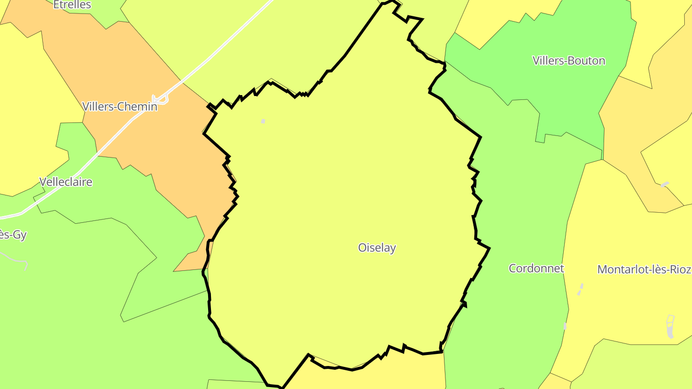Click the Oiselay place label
pyautogui.click(x=377, y=248)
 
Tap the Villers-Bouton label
pyautogui.click(x=568, y=61)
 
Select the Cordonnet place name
pyautogui.click(x=536, y=268)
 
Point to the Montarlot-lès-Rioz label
pyautogui.click(x=644, y=269)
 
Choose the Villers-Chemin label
pyautogui.click(x=120, y=107)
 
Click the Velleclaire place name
pyautogui.click(x=65, y=182)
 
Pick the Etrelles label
pyautogui.click(x=72, y=5)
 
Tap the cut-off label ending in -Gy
pyautogui.click(x=12, y=235)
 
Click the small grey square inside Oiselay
pyautogui.click(x=263, y=122)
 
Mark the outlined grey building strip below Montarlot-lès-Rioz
pyautogui.click(x=671, y=326)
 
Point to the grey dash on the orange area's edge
pyautogui.click(x=665, y=184)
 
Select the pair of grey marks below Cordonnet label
pyautogui.click(x=580, y=290)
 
